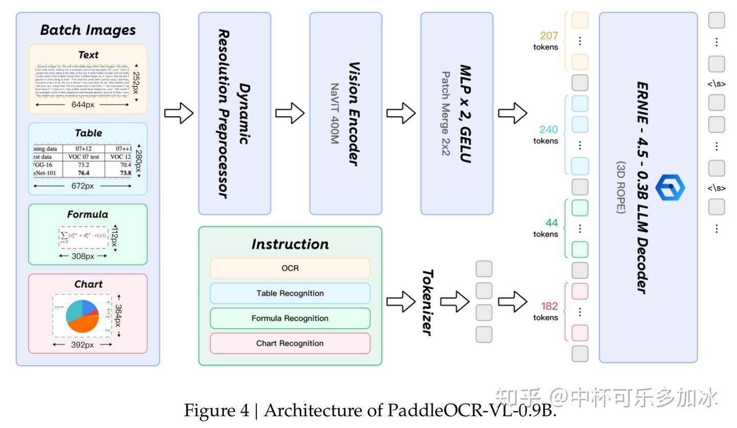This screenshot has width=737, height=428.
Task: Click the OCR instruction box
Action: click(290, 268)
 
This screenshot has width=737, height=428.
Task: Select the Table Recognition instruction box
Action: click(290, 293)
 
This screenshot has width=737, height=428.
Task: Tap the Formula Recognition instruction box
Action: click(290, 318)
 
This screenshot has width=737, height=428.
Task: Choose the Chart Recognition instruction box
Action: click(290, 344)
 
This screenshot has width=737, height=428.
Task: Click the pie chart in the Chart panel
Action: click(82, 316)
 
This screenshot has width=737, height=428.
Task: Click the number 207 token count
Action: click(549, 36)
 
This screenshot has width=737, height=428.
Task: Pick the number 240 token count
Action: click(549, 130)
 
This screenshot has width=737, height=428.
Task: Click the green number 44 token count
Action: click(551, 223)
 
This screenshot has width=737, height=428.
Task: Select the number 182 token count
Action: click(549, 306)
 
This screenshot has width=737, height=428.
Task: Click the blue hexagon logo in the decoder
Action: click(669, 187)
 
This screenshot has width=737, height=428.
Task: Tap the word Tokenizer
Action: click(428, 302)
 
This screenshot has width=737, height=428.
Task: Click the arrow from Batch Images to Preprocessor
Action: click(179, 113)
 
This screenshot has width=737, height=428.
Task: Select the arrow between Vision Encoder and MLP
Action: click(401, 113)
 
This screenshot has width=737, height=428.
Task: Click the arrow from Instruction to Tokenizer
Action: click(401, 302)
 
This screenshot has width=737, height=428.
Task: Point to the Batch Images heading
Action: click(88, 30)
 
